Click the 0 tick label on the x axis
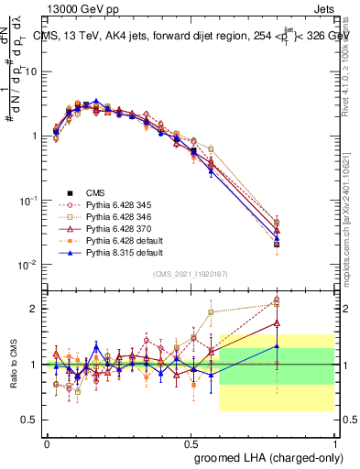click(x=47, y=442)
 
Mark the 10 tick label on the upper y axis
click(x=28, y=71)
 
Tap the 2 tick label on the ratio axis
click(x=34, y=309)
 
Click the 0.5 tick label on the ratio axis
click(x=29, y=420)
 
